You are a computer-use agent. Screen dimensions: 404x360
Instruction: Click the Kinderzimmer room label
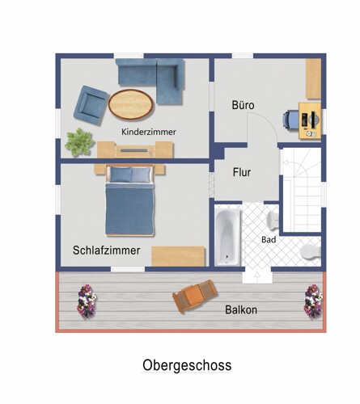(x=149, y=132)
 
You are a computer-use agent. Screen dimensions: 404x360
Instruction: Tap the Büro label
(x=243, y=106)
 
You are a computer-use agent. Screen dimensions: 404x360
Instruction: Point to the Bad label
(x=269, y=240)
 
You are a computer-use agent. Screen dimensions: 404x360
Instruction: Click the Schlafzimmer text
(x=106, y=250)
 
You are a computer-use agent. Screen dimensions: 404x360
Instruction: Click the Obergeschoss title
(x=187, y=365)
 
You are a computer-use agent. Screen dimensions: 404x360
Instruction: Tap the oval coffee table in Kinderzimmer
(x=131, y=103)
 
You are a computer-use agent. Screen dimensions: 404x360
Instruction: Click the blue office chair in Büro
(x=290, y=119)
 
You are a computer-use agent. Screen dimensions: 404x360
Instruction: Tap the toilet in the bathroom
(x=311, y=252)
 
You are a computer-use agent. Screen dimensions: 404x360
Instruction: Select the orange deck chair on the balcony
(x=195, y=297)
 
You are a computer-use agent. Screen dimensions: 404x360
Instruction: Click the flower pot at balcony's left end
(x=85, y=301)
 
